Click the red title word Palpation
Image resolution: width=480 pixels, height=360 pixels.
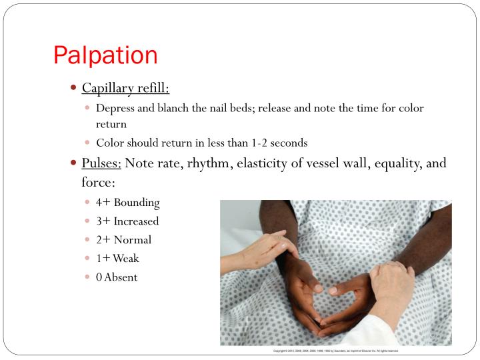click(105, 55)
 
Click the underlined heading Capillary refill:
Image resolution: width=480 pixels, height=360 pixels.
click(125, 88)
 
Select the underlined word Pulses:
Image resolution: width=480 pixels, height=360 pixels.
click(101, 163)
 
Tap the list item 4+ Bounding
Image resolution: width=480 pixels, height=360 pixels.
click(127, 202)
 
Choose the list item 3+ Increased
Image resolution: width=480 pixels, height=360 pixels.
click(127, 221)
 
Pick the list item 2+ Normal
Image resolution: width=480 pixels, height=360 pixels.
click(123, 239)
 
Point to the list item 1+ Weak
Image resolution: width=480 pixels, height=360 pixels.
click(117, 258)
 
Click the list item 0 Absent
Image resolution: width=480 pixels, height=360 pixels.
click(117, 277)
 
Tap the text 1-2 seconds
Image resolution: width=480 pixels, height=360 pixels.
click(283, 143)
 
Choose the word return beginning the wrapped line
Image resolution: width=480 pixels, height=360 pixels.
click(111, 124)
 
